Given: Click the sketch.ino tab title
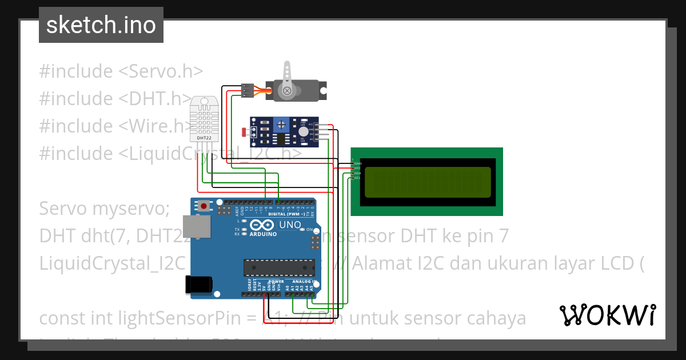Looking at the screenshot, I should tap(101, 25).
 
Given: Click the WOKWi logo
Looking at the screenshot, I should tap(607, 315).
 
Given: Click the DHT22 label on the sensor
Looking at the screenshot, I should tap(205, 138).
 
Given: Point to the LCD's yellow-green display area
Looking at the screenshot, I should tap(426, 182).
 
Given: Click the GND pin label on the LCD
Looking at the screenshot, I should tap(358, 164).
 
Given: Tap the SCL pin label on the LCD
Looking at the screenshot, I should tap(357, 178).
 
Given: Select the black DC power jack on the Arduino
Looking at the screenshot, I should tap(199, 284).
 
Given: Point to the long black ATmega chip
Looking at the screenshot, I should tap(278, 267).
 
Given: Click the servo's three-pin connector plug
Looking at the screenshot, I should tap(248, 90).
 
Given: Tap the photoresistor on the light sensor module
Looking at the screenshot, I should tap(246, 133).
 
